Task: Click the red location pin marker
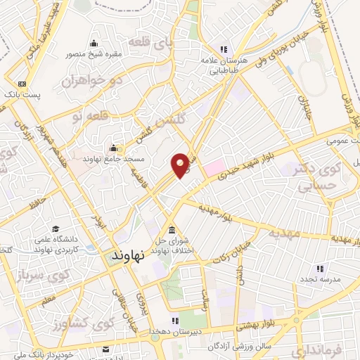pyautogui.click(x=180, y=165)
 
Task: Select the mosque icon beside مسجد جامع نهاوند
pyautogui.click(x=114, y=148)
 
